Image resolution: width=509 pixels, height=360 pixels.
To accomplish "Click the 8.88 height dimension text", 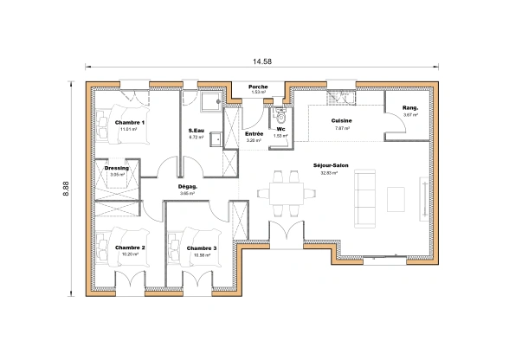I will coord(68,189).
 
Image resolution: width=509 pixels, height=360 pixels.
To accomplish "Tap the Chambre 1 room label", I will coord(130,123).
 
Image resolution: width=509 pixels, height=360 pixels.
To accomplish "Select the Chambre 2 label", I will coord(130,247).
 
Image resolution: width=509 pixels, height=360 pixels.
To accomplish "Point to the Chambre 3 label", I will coord(201,248).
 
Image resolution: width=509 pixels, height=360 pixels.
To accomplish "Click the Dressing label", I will coord(117,168).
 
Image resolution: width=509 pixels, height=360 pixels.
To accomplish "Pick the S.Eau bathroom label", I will coord(196,131).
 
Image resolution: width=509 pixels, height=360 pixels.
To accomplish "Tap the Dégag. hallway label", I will coord(188,186).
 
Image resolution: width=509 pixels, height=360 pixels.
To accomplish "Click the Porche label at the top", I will coord(258,87).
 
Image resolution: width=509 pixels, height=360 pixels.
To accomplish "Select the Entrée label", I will coord(254,134).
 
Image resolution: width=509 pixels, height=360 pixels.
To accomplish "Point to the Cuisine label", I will coord(340,121).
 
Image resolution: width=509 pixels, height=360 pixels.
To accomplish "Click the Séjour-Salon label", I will coord(325,165).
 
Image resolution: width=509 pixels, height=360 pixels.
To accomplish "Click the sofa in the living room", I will coord(364,194).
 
